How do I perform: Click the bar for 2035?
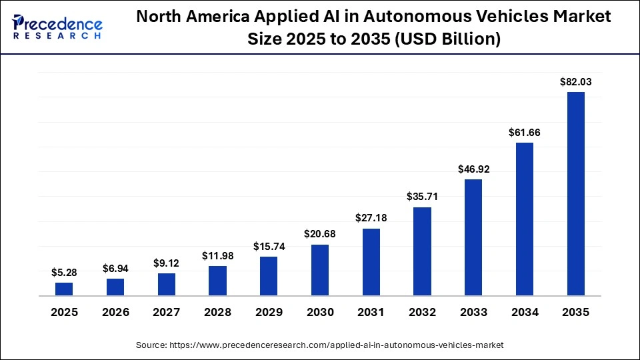[x=576, y=194]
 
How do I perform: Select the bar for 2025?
[x=64, y=289]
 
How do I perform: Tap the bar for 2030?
[x=320, y=270]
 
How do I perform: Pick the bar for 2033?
[x=473, y=237]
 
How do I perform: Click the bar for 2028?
[x=217, y=281]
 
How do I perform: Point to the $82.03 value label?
[x=576, y=82]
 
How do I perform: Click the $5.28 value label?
[x=64, y=272]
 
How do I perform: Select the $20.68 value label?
[x=320, y=234]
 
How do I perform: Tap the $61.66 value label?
[x=525, y=133]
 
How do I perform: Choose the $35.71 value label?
[x=422, y=197]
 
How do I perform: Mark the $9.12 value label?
[x=166, y=263]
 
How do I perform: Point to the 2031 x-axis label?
[x=371, y=312]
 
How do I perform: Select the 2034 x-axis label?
[x=525, y=312]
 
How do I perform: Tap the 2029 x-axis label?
[x=269, y=312]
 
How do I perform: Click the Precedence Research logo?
[x=57, y=27]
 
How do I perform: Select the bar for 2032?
[x=422, y=251]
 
